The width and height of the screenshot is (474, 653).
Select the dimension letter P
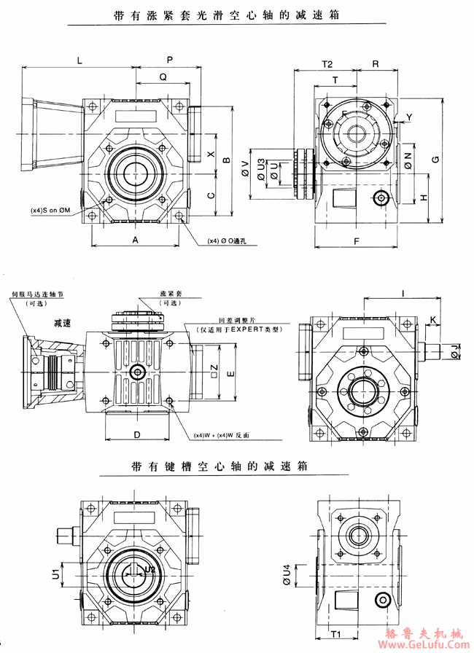coord(169,58)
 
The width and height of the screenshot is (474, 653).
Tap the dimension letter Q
coord(163,76)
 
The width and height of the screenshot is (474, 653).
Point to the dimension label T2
coord(327,63)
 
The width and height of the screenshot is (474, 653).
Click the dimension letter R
coord(375,63)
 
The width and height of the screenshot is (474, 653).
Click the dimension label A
coord(136,240)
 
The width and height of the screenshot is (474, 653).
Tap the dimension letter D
coord(137,434)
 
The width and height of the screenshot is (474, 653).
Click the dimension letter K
coord(432,320)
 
